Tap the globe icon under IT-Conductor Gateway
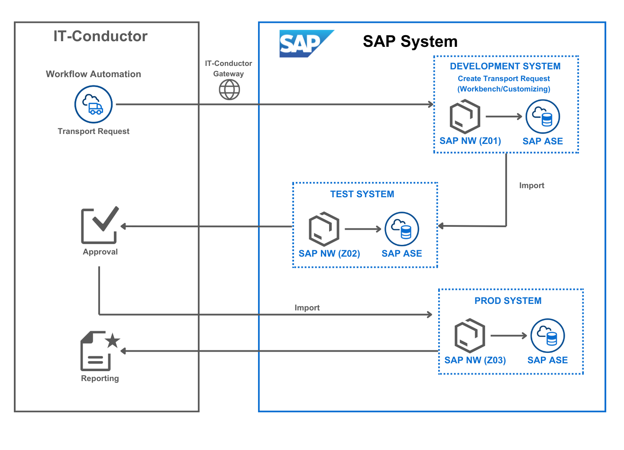[229, 90]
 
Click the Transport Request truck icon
[94, 104]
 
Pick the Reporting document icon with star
[99, 351]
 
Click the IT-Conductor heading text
[100, 36]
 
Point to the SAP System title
[410, 42]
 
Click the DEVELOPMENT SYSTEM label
[505, 66]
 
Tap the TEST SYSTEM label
[362, 194]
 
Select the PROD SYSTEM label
[508, 301]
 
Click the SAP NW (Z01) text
[470, 141]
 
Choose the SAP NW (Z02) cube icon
[323, 229]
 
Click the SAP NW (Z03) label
[475, 360]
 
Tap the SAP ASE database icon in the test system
[401, 229]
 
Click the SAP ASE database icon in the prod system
[547, 336]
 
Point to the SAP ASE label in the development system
[542, 141]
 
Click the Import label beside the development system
[531, 186]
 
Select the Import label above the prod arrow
[307, 308]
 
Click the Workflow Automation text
[94, 74]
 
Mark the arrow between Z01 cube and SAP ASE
[504, 117]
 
